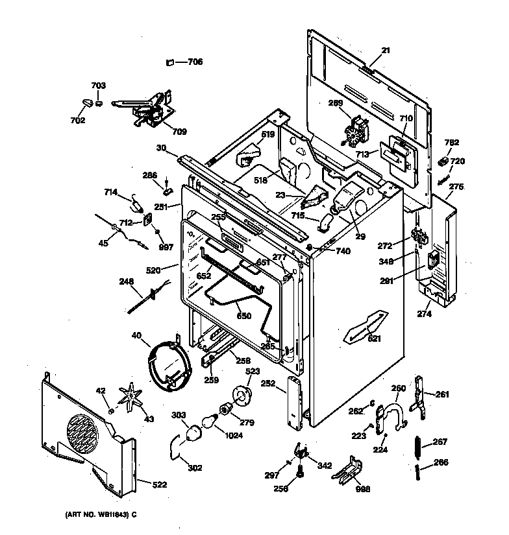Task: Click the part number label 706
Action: pos(195,62)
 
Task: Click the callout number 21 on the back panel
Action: pos(385,51)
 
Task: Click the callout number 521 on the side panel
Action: pos(375,338)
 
